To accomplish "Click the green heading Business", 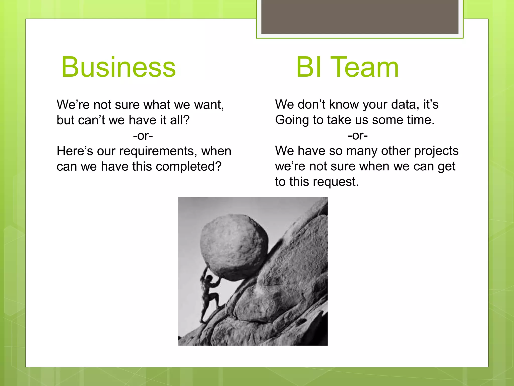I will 118,67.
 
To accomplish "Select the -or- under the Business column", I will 143,136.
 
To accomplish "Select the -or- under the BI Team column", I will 358,136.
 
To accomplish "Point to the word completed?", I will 188,167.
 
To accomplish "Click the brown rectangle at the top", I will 360,17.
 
